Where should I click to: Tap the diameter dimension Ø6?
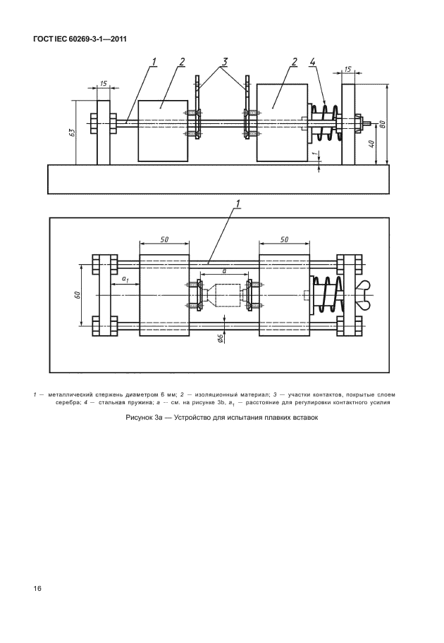pos(221,338)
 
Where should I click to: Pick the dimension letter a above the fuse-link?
pos(223,270)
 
